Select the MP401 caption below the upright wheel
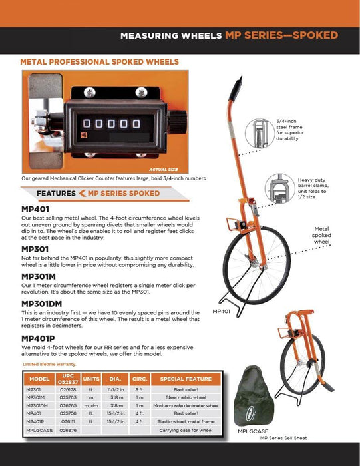222,311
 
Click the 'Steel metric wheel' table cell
176,397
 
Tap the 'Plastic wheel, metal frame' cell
176,421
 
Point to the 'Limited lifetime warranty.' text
49,365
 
